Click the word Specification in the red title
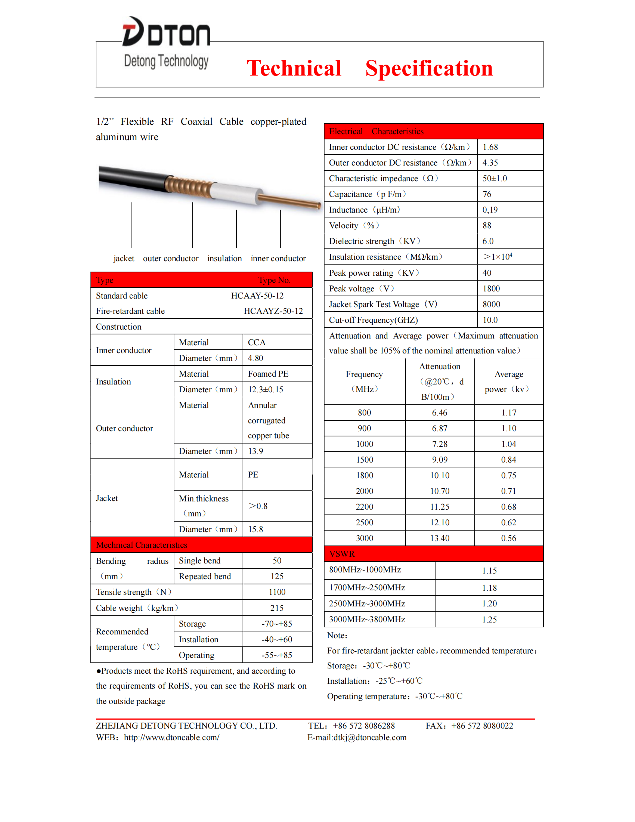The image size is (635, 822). (429, 68)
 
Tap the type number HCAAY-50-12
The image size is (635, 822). (257, 296)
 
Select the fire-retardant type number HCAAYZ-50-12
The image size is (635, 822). (273, 311)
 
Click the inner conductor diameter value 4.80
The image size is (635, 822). (255, 358)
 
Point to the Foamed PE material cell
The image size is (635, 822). (268, 374)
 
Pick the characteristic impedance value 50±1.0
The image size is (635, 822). (494, 178)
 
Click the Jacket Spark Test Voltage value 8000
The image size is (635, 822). (491, 305)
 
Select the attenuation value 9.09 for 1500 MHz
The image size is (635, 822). (439, 460)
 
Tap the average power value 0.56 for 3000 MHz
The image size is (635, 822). (508, 538)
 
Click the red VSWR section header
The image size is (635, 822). (433, 554)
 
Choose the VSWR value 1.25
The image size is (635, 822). (489, 620)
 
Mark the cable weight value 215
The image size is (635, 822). (277, 608)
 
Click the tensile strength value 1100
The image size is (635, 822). (277, 593)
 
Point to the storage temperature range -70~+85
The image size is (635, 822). (277, 624)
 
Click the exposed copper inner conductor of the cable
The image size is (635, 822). (289, 201)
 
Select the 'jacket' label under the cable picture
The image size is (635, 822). (124, 259)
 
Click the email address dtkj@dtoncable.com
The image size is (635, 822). (370, 738)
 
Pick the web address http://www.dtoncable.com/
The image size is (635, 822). (171, 738)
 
